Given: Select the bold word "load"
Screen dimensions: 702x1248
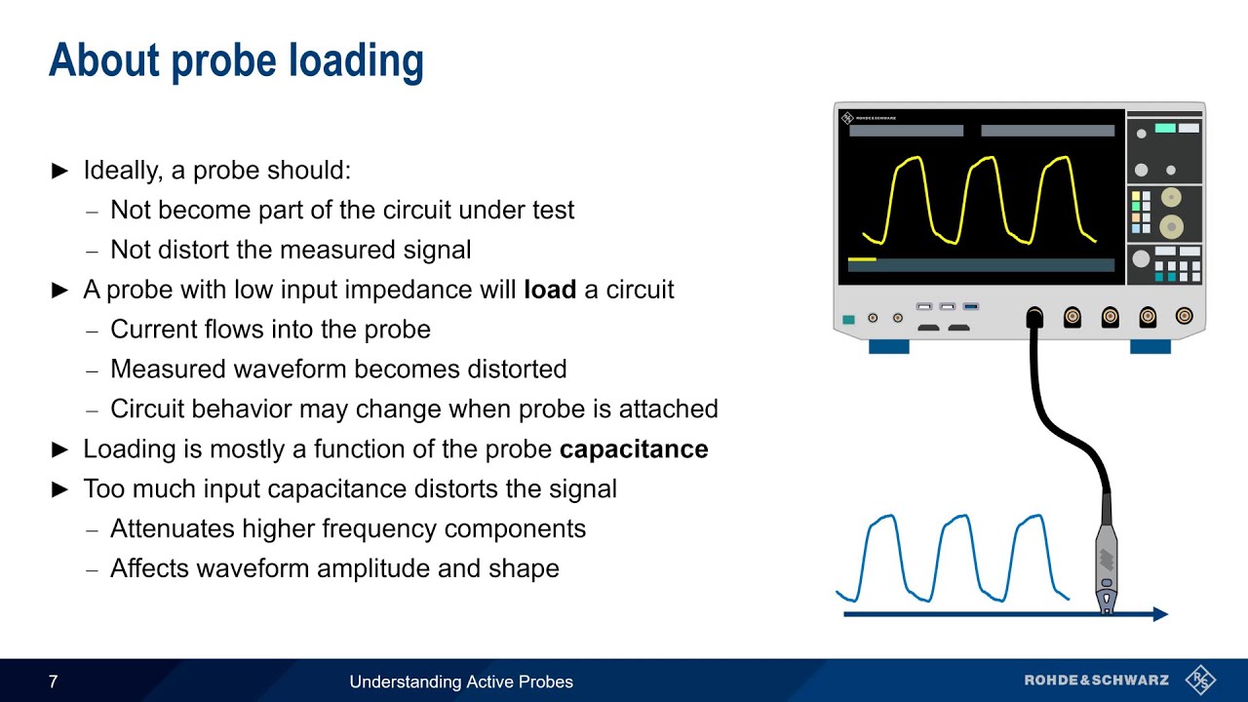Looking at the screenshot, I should point(550,290).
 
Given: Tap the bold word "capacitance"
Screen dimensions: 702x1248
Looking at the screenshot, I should point(634,449).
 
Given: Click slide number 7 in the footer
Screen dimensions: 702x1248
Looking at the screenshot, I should point(54,682).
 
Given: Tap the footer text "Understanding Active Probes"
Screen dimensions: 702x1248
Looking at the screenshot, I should point(461,682).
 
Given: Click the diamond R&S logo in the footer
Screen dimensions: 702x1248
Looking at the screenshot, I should point(1200,680).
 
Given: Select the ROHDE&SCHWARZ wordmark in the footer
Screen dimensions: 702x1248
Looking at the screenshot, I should point(1096,681).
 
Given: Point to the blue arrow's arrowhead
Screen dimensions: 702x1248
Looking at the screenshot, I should point(1159,614).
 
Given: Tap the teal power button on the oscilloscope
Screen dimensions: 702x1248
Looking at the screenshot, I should point(848,319).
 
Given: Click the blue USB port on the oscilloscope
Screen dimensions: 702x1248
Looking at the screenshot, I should point(970,307).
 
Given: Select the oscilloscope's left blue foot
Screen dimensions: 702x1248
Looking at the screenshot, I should point(888,346).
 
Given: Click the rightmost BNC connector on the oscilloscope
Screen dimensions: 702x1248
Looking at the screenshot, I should point(1184,316).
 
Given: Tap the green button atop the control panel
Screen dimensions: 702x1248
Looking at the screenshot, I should point(1164,128).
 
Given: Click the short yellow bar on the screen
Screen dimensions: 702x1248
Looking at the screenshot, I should point(862,259).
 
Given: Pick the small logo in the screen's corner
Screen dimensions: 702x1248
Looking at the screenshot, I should point(847,118).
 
